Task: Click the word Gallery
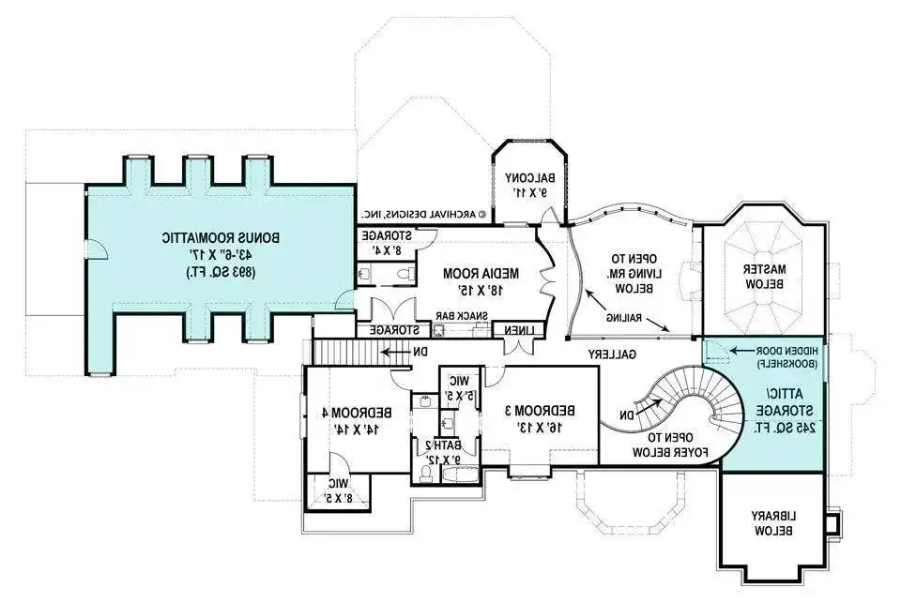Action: (613, 354)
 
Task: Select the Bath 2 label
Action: (446, 452)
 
